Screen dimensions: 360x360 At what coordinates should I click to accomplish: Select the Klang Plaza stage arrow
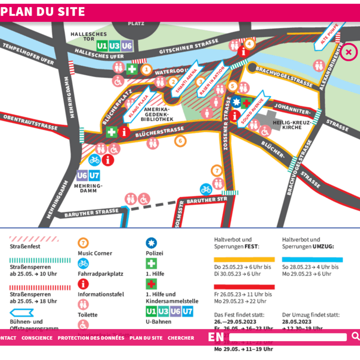pyautogui.click(x=138, y=107)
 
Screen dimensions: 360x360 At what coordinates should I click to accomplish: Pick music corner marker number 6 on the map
pyautogui.click(x=180, y=141)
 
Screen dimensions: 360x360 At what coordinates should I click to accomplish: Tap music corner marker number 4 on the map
pyautogui.click(x=249, y=43)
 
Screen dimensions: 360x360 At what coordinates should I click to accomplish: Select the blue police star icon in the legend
pyautogui.click(x=152, y=243)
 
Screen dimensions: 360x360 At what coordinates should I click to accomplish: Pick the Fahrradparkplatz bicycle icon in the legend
pyautogui.click(x=84, y=263)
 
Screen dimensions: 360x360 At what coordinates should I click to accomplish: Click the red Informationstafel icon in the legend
pyautogui.click(x=84, y=284)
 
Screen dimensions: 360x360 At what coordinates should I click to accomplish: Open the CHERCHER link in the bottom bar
pyautogui.click(x=181, y=338)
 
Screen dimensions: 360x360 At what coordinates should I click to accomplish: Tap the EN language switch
pyautogui.click(x=216, y=337)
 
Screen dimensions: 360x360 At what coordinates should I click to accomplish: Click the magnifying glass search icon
pyautogui.click(x=355, y=336)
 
